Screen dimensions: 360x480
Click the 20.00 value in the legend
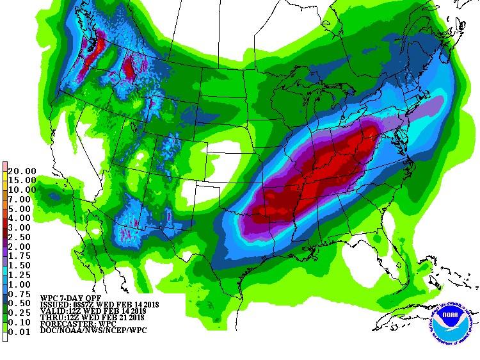tap(22, 171)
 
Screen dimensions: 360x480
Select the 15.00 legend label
tap(22, 181)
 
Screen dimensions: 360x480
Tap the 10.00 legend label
tap(22, 190)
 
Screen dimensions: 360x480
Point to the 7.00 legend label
tap(24, 199)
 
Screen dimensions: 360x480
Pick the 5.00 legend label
tap(24, 209)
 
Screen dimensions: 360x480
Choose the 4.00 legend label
tap(24, 218)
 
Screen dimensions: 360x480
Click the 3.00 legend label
tap(24, 227)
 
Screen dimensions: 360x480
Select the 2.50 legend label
tap(24, 237)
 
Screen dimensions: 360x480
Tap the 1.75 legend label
tap(24, 256)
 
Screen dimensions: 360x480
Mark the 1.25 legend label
tap(24, 275)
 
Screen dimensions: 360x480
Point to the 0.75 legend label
tap(24, 293)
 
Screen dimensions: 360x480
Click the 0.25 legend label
tap(24, 313)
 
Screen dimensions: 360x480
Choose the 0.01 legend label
tap(24, 331)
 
